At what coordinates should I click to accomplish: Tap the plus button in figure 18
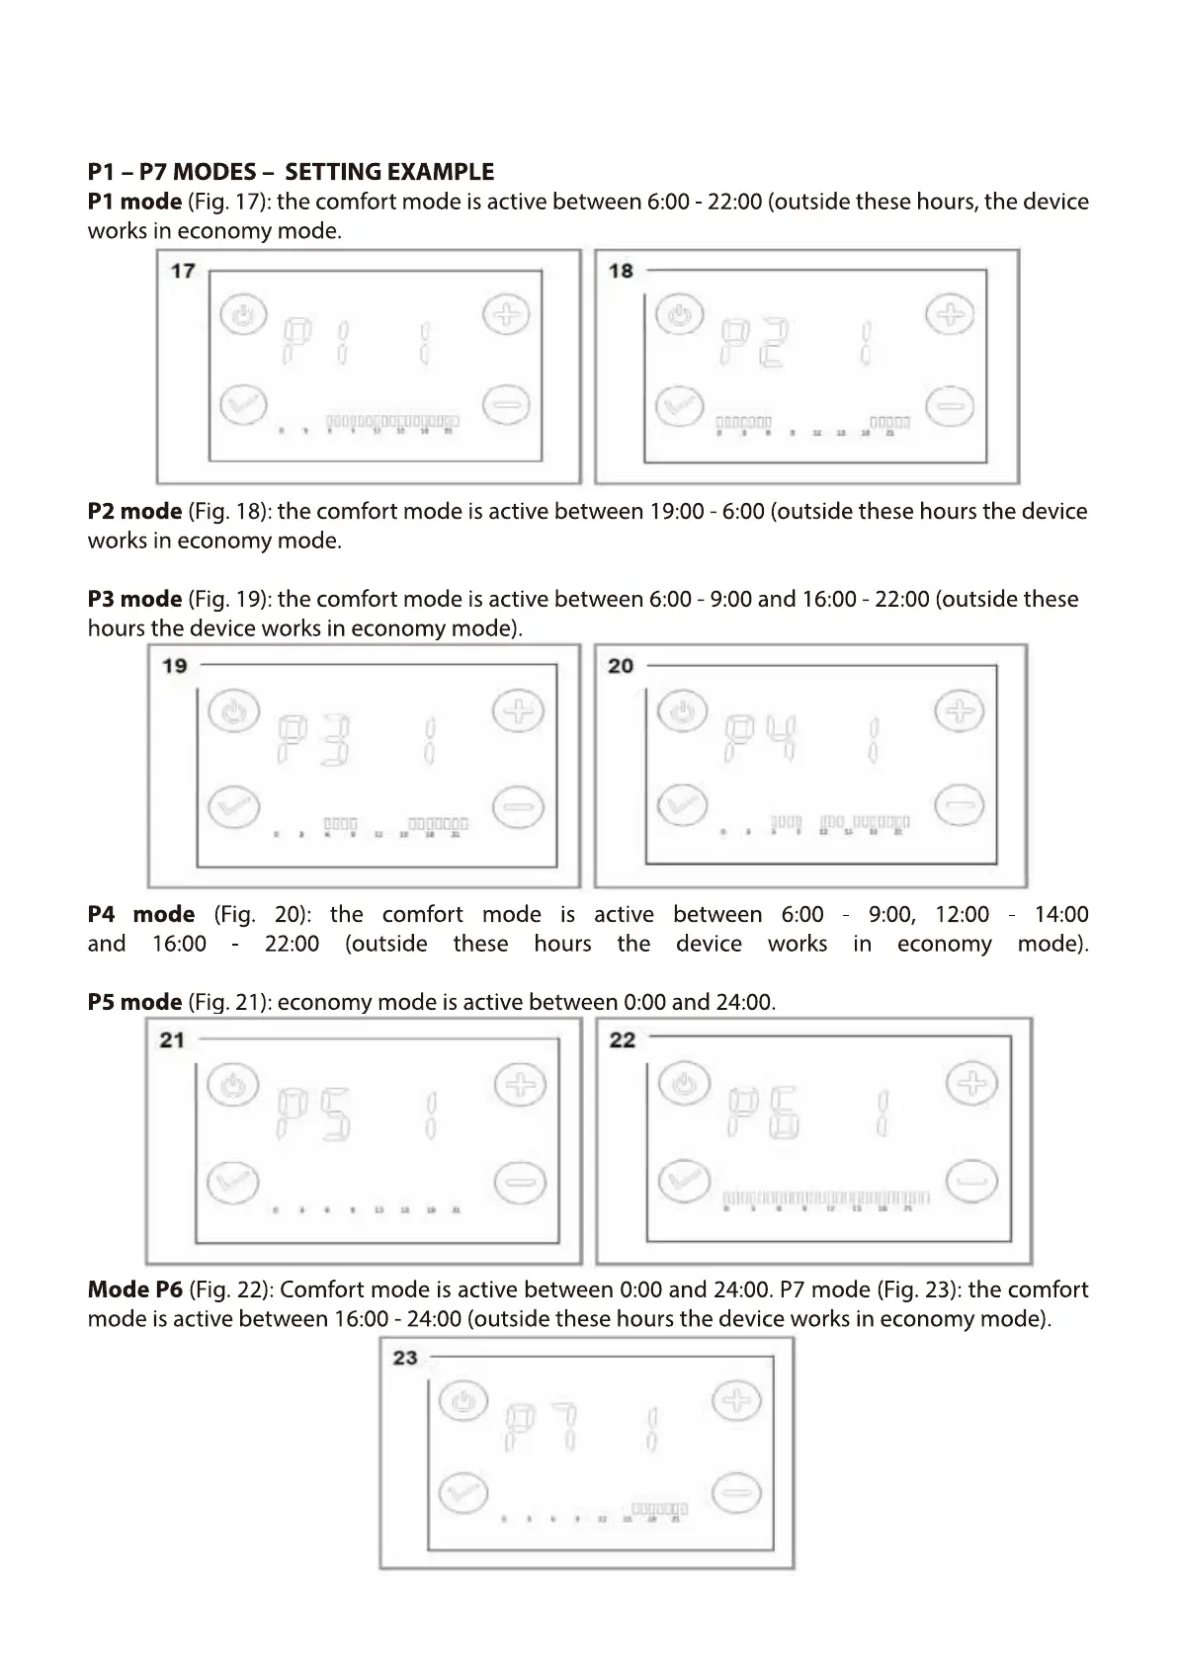pyautogui.click(x=949, y=315)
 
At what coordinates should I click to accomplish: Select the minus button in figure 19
pyautogui.click(x=518, y=807)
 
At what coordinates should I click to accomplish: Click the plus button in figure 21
pyautogui.click(x=519, y=1085)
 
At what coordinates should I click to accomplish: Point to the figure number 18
pyautogui.click(x=621, y=271)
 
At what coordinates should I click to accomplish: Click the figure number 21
pyautogui.click(x=173, y=1040)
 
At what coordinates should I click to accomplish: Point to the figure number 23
pyautogui.click(x=405, y=1358)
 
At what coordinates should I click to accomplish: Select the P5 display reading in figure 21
pyautogui.click(x=314, y=1115)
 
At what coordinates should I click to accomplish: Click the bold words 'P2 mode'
pyautogui.click(x=134, y=512)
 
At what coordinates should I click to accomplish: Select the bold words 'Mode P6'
pyautogui.click(x=135, y=1290)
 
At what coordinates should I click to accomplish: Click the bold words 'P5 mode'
pyautogui.click(x=134, y=1002)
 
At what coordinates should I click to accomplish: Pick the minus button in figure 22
pyautogui.click(x=972, y=1182)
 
